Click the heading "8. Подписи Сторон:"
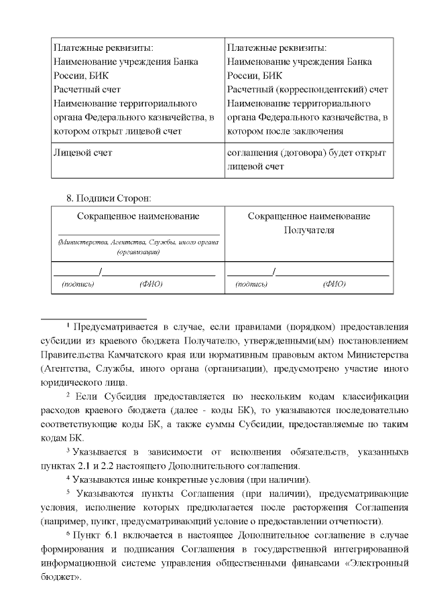[108, 198]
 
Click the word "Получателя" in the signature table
[309, 230]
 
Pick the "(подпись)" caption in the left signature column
[78, 284]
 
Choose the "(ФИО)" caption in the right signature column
[334, 284]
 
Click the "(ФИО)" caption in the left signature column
[151, 284]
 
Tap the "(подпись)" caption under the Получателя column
[252, 284]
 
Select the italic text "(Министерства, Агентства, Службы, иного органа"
[139, 241]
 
